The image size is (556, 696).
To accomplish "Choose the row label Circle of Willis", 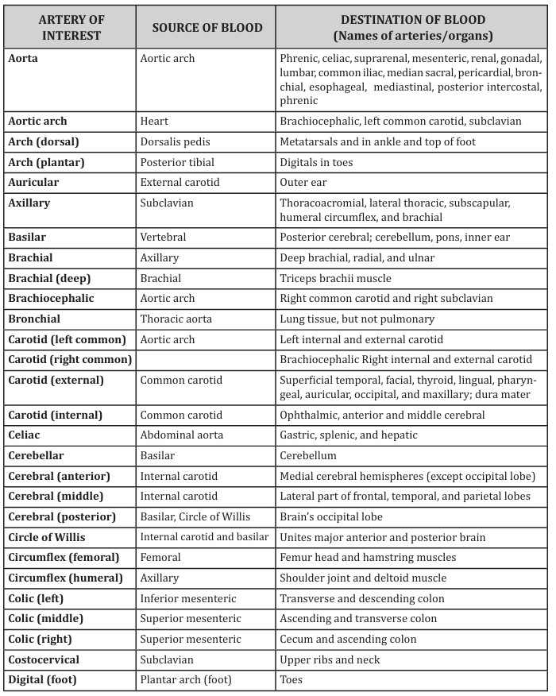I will pos(48,537).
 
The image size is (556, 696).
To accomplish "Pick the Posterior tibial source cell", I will pos(177,162).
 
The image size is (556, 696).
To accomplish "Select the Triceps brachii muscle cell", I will pos(333,278).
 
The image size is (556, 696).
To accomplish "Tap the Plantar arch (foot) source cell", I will pos(187,679).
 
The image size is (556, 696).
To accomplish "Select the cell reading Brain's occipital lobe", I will pos(332,516).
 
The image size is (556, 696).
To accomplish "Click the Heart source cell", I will pos(154,122).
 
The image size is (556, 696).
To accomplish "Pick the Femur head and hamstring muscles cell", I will pos(368,557).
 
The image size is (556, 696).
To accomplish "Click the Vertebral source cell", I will pos(164,238).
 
